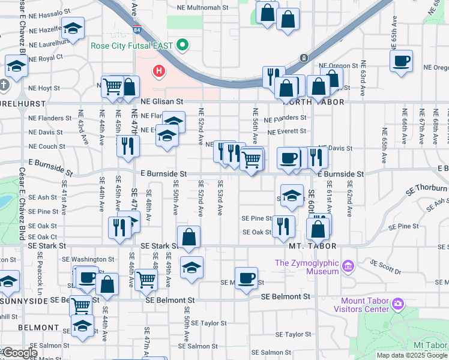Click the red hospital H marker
tap(159, 71)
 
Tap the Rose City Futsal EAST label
tap(131, 46)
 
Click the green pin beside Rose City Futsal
tap(184, 46)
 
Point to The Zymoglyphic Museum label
tap(307, 267)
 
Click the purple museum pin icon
tap(347, 265)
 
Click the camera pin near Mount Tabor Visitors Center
tap(397, 304)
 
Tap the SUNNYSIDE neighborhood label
tap(23, 299)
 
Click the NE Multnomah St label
tap(203, 8)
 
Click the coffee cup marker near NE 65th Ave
tap(401, 61)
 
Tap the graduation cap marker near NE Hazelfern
tap(73, 28)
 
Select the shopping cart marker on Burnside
tap(252, 160)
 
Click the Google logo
tap(19, 353)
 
